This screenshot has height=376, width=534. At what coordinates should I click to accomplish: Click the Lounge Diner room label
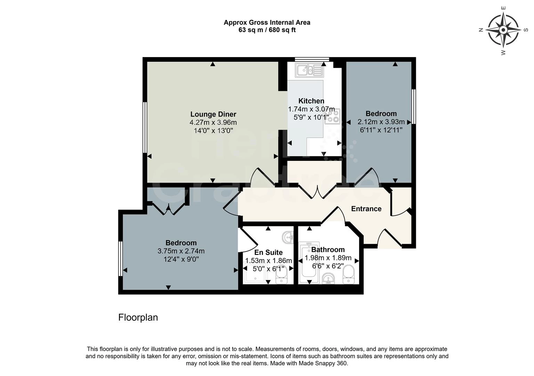coord(213,114)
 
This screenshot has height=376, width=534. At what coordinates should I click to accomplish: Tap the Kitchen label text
coord(311,101)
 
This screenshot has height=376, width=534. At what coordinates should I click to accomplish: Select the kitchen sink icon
coord(309,70)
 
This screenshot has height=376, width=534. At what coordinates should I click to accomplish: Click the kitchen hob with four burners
coord(333,116)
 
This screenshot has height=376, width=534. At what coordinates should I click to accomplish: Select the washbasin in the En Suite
coord(288,237)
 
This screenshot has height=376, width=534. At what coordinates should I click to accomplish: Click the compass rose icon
coord(503,30)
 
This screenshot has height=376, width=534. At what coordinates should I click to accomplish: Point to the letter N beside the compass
coord(481,30)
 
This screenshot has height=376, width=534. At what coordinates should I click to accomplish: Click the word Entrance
coord(366,209)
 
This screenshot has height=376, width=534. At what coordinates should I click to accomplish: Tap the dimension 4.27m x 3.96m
coord(213,123)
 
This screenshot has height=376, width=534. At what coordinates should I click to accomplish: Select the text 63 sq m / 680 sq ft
coord(267,30)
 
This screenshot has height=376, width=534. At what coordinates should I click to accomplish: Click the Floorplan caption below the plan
coord(138,318)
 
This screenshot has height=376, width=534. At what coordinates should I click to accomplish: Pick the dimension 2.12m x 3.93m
coord(381,122)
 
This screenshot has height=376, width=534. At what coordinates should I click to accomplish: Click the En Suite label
coord(268,252)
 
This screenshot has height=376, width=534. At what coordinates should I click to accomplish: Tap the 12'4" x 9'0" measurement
coord(181,259)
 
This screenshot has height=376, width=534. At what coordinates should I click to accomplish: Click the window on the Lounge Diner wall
coord(145,127)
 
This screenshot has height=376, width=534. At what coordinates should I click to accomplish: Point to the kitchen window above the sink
coord(312,60)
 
